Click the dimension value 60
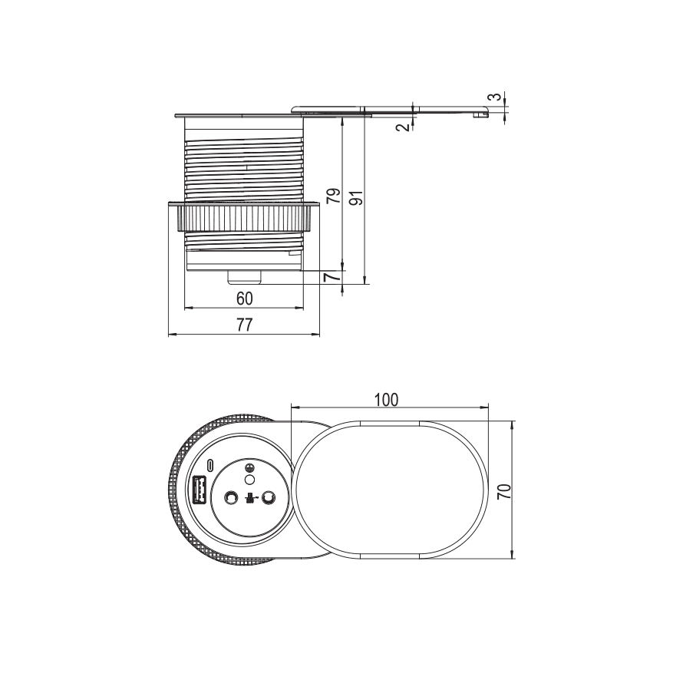(244, 299)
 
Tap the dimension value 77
(244, 325)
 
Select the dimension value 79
(333, 196)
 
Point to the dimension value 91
(356, 198)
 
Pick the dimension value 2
(404, 127)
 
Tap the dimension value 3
(494, 97)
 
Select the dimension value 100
(386, 399)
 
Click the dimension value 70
(504, 491)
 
